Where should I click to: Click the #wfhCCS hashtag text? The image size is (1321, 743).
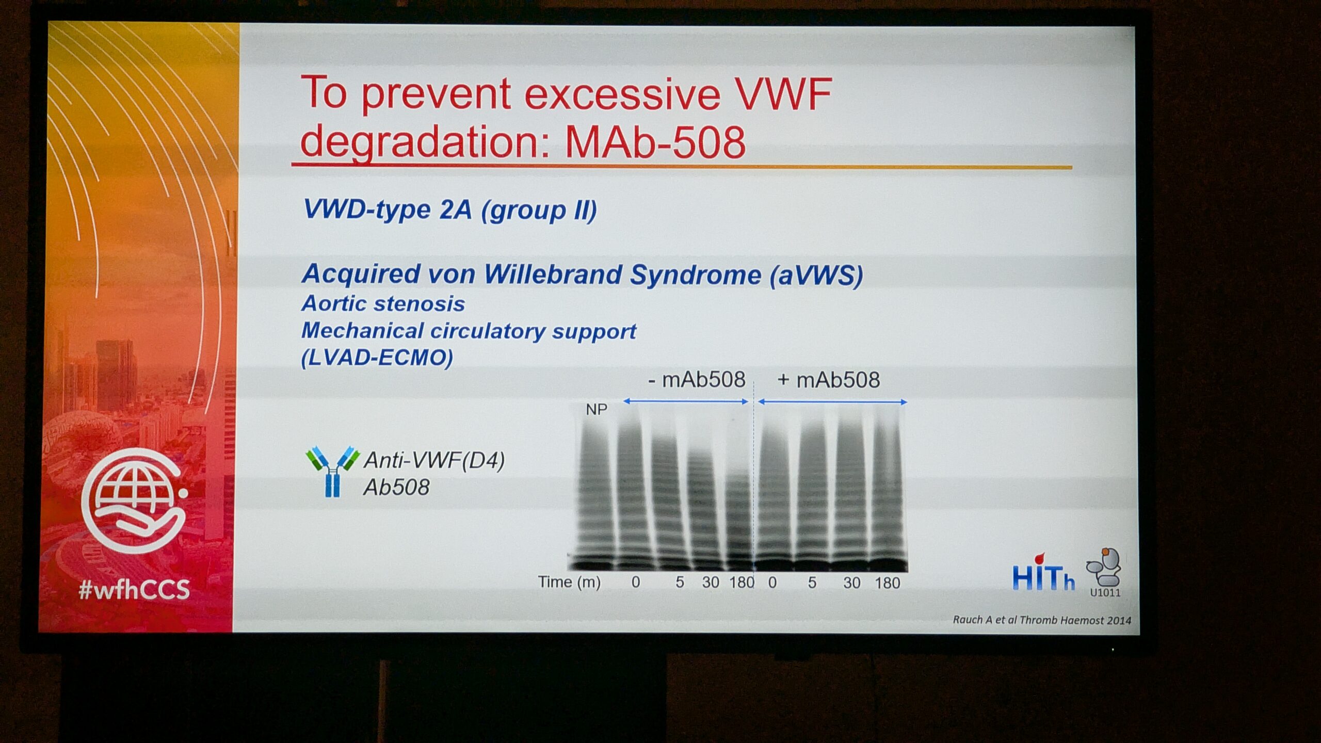point(134,589)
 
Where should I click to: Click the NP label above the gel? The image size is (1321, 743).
point(597,410)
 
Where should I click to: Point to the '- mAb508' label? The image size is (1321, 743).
point(697,380)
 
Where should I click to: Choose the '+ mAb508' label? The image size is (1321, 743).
point(828,380)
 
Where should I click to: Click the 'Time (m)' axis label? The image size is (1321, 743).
point(569,582)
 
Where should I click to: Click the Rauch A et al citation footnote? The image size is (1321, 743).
point(1042,620)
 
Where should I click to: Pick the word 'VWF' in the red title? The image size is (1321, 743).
point(783,94)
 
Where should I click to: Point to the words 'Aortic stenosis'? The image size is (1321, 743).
point(383,303)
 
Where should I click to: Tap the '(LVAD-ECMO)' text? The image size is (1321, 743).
point(377,358)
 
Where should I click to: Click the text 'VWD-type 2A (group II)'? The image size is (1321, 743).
point(450,210)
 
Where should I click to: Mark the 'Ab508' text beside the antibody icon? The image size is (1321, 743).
point(396,487)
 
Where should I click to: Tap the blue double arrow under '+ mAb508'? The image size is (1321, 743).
point(832,401)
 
